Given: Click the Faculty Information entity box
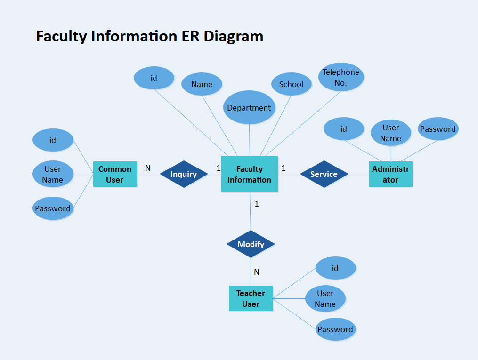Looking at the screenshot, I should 250,174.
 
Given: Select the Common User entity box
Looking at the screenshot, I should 115,174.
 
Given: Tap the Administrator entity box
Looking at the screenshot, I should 390,174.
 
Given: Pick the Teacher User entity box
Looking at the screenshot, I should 251,298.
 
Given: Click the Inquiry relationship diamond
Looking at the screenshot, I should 184,174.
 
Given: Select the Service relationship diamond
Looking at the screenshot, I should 324,174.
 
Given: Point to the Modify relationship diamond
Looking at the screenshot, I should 251,244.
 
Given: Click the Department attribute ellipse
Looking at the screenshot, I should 249,108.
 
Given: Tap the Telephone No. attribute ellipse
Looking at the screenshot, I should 341,77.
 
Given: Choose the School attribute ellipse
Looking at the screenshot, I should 291,84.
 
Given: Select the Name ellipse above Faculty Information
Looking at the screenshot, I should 202,84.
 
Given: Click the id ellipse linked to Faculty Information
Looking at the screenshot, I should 154,78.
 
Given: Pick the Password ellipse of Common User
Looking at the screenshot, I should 53,208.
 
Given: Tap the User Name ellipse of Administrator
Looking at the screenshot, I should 390,133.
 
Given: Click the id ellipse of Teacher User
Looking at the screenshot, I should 335,268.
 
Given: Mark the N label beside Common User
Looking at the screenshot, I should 148,168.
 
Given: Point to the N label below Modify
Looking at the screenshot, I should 257,272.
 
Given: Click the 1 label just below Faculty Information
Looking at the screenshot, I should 257,204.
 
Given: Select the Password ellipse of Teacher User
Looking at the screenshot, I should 335,329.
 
